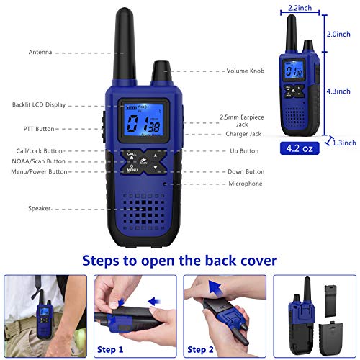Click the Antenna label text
click(x=40, y=53)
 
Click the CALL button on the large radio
click(x=132, y=154)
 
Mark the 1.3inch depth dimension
click(x=343, y=144)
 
